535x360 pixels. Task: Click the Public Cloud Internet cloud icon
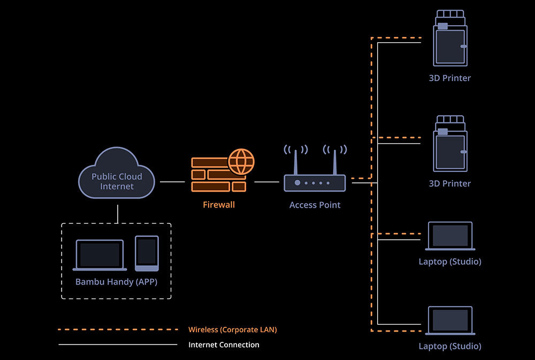tap(116, 173)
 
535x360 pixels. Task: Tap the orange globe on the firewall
tap(241, 162)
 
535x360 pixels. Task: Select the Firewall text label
tap(219, 205)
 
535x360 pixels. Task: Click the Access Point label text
tap(315, 205)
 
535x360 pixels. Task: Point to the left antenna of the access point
tap(295, 162)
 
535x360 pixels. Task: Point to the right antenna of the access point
tap(335, 162)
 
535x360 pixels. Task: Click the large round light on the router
tap(297, 183)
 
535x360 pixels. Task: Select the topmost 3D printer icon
tap(450, 38)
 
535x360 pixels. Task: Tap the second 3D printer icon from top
tap(450, 144)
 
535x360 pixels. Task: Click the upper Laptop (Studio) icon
tap(450, 236)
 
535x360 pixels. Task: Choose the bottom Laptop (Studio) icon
tap(450, 320)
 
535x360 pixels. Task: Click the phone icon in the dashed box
tap(147, 254)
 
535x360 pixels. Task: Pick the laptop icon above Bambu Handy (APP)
tap(100, 255)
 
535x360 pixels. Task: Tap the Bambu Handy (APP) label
tap(116, 282)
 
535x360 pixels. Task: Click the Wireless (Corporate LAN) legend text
tap(233, 330)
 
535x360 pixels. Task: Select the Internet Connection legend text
tap(224, 344)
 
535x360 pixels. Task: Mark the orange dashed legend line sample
tap(118, 330)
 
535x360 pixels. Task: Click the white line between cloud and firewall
tap(172, 182)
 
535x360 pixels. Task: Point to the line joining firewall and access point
tap(267, 182)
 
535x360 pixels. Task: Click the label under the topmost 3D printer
tap(450, 78)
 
